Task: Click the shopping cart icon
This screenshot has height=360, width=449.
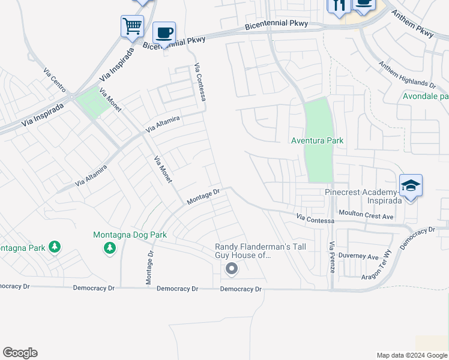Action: [132, 26]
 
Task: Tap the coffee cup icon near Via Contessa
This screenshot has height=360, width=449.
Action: [164, 32]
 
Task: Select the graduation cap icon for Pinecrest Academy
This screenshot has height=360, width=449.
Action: [411, 185]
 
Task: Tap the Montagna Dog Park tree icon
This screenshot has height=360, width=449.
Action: [109, 247]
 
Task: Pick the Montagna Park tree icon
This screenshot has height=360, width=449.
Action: [54, 247]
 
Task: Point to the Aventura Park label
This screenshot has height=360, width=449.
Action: [317, 140]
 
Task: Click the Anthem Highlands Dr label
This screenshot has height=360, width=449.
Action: [407, 75]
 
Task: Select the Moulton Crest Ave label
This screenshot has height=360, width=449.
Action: [366, 214]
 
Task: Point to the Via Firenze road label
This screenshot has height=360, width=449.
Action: [332, 257]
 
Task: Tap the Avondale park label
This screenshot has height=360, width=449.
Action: [426, 96]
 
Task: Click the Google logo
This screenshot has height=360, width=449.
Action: [20, 353]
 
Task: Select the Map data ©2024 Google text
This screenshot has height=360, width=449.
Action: [412, 355]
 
